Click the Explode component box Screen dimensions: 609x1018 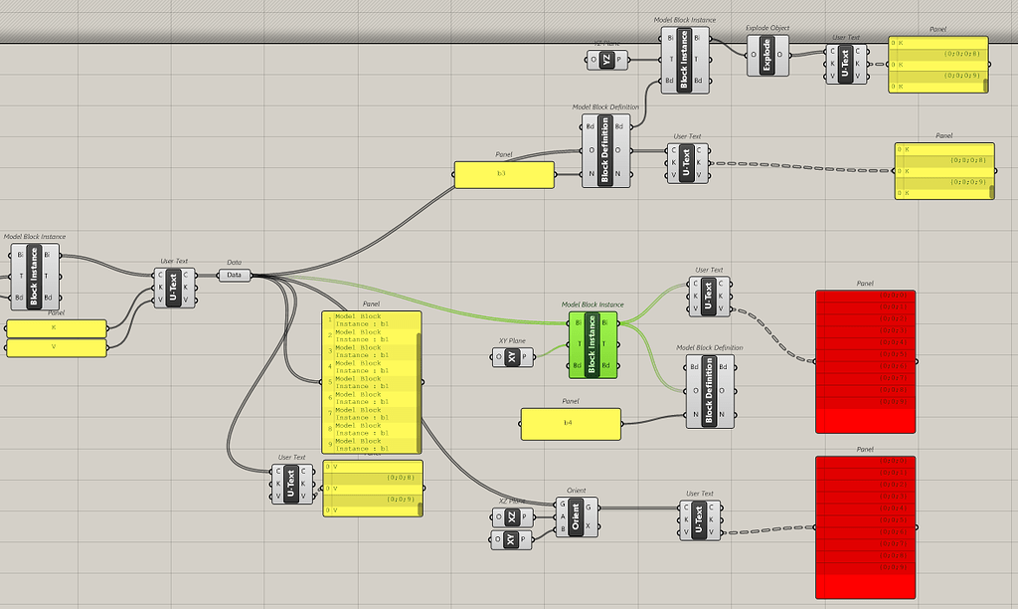(x=765, y=55)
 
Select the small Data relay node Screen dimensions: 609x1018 (x=234, y=275)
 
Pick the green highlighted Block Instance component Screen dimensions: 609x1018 (x=593, y=343)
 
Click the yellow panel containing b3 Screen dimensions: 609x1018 (x=504, y=174)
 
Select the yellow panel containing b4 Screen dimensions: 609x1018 (x=571, y=423)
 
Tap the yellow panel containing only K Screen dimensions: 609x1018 (x=57, y=328)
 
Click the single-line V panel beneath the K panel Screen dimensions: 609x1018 (x=57, y=346)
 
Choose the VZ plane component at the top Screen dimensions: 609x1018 (x=606, y=60)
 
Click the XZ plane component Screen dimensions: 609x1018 (x=512, y=517)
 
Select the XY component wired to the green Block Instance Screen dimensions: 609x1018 (x=512, y=356)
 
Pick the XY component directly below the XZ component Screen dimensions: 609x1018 (x=512, y=539)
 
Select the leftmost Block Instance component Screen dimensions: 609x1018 (x=34, y=276)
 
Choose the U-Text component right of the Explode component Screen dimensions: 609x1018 (x=846, y=64)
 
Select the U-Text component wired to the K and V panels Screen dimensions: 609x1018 (x=174, y=286)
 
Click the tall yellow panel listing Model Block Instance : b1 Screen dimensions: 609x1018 (x=372, y=382)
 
